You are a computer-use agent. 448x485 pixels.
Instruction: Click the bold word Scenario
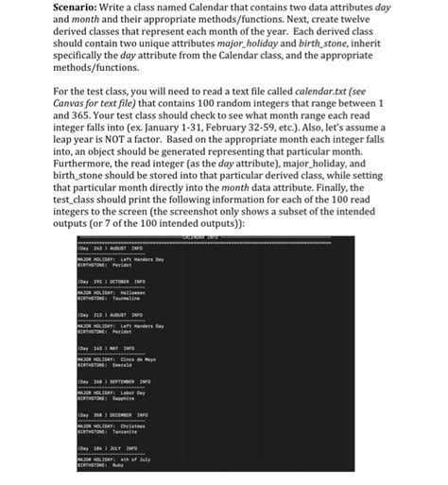tap(97, 7)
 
